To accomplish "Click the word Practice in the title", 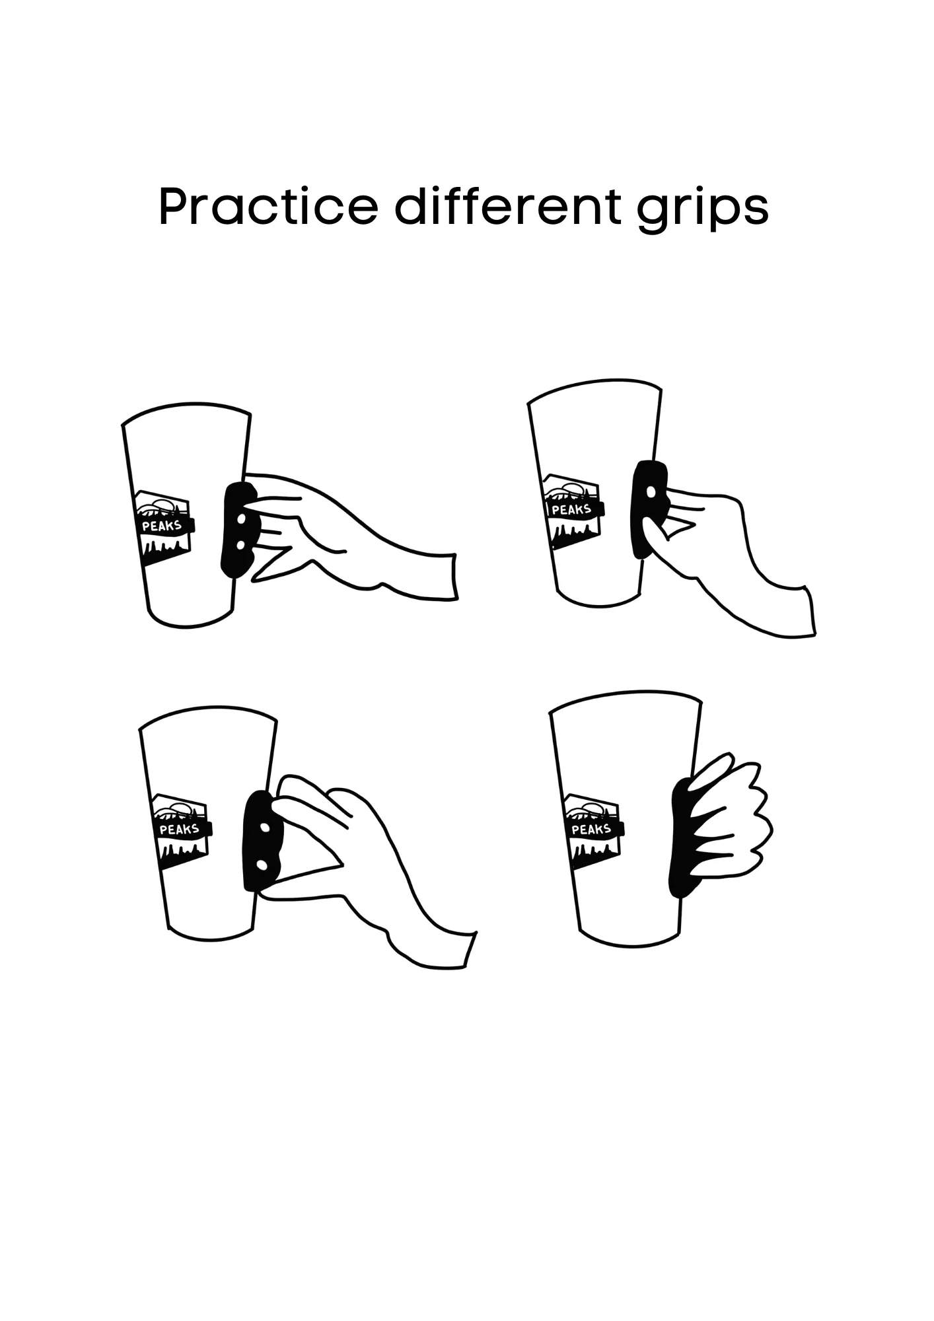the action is pos(268,206).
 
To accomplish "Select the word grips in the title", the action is pos(703,210).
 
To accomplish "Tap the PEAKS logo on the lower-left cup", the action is pos(181,830).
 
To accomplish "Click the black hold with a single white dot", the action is pos(650,509).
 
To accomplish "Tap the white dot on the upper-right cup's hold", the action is pos(651,491).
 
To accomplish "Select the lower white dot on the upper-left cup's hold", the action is pos(240,544).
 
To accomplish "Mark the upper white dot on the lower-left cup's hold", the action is pos(265,828).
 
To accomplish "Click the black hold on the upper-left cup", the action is pos(239,531).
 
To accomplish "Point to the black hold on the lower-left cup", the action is pos(264,843).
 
